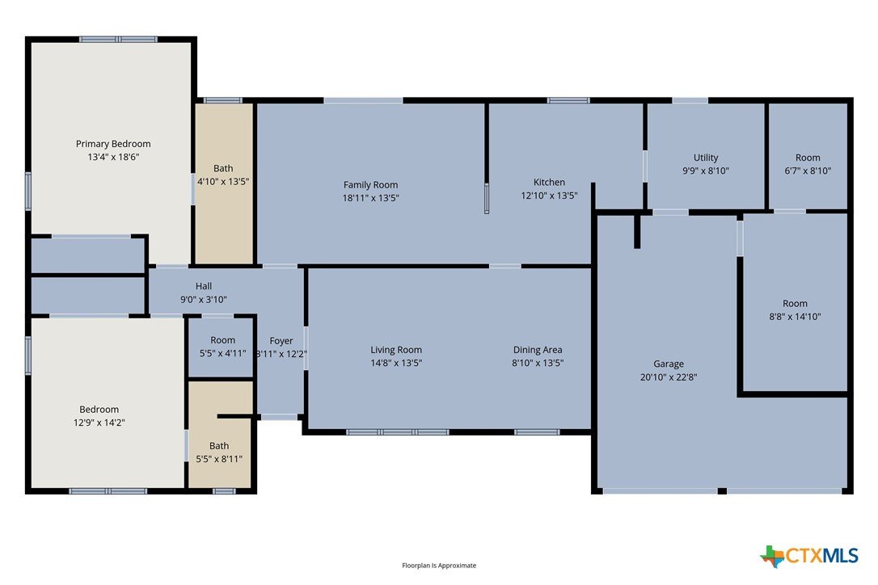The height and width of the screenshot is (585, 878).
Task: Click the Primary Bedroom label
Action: coord(113,144)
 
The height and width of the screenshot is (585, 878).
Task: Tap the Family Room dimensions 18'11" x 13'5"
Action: coord(371,198)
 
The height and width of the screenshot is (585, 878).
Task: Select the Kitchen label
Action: coord(549,182)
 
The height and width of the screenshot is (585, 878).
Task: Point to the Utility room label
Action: coord(706,158)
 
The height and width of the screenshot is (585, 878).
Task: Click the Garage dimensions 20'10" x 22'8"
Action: coord(669,377)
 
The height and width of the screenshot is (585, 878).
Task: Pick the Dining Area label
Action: coord(538,350)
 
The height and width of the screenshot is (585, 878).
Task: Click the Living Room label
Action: coord(396,350)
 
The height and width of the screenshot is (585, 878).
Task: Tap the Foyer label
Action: coord(281,341)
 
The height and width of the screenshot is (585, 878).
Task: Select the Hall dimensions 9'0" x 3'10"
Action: coord(203,300)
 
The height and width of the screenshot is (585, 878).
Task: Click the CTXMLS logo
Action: coord(808,556)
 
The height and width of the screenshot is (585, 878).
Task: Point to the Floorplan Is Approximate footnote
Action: coord(439,566)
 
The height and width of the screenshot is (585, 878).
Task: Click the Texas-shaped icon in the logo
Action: coord(772,557)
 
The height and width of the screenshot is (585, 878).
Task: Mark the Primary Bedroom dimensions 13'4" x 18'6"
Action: coord(113,157)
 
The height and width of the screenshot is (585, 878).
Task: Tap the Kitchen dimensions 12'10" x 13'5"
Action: coord(549,196)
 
